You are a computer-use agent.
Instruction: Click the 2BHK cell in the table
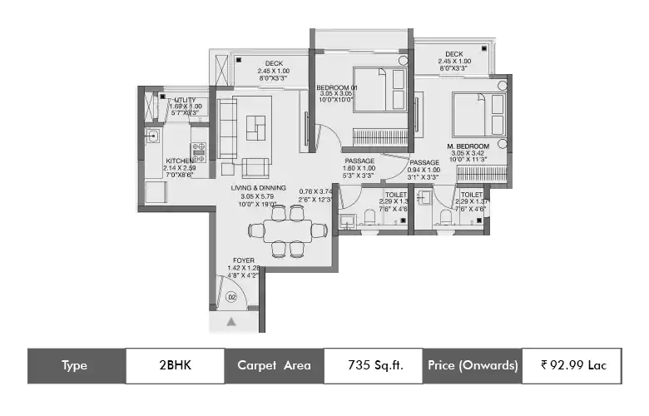(x=174, y=365)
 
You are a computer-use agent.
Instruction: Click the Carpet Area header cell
(x=274, y=365)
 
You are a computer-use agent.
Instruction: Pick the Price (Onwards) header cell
(x=473, y=365)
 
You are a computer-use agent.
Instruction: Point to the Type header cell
(x=76, y=365)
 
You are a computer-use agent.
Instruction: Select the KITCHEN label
(x=180, y=161)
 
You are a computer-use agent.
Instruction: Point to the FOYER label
(x=244, y=260)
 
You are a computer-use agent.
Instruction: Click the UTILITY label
(x=185, y=100)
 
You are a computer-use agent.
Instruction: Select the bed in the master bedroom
(x=478, y=113)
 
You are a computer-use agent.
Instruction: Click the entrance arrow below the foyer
(x=232, y=320)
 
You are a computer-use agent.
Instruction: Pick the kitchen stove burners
(x=200, y=151)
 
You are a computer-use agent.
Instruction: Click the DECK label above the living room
(x=274, y=63)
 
